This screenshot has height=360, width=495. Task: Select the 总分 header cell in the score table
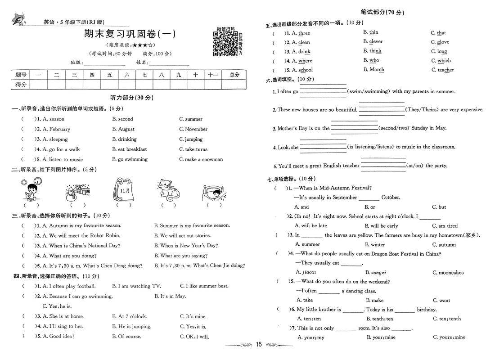point(234,75)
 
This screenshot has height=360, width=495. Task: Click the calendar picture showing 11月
point(125,189)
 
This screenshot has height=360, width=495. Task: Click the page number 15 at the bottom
point(258,345)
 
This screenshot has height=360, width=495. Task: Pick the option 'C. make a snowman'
point(201,159)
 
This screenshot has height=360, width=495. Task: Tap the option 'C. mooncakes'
point(448,272)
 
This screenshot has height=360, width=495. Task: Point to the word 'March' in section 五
point(377,70)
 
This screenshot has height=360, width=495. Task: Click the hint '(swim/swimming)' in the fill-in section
point(368,91)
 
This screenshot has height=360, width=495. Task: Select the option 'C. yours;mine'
point(449,337)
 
